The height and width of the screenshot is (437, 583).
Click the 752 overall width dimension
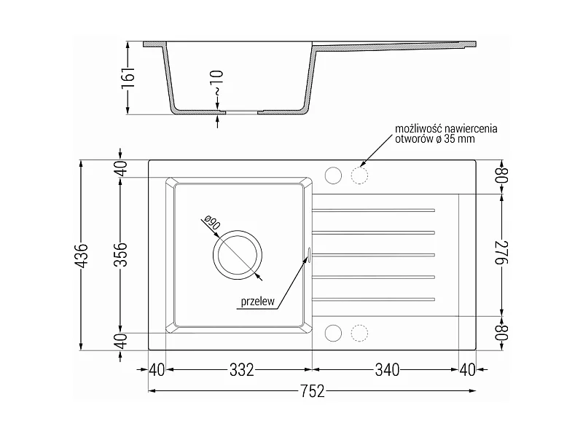click(313, 391)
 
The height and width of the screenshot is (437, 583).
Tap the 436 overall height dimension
click(82, 256)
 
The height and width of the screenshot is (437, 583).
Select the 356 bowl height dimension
click(121, 254)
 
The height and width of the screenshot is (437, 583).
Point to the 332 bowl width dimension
click(242, 370)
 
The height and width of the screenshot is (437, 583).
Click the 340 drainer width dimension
click(387, 370)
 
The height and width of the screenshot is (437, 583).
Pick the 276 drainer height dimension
click(501, 253)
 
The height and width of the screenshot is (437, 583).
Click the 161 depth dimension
click(128, 78)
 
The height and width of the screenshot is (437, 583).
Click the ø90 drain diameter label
click(213, 223)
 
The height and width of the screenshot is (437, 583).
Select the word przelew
click(258, 301)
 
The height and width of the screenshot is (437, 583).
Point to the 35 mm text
click(463, 139)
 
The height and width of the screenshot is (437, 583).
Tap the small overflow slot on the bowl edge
click(308, 253)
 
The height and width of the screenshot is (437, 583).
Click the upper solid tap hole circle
click(333, 176)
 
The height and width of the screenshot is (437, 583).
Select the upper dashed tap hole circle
click(359, 176)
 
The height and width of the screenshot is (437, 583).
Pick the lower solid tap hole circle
click(333, 333)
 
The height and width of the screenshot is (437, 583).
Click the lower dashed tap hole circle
click(359, 333)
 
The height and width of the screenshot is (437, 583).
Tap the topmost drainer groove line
click(373, 210)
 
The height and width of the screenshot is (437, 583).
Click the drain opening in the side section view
click(242, 111)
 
